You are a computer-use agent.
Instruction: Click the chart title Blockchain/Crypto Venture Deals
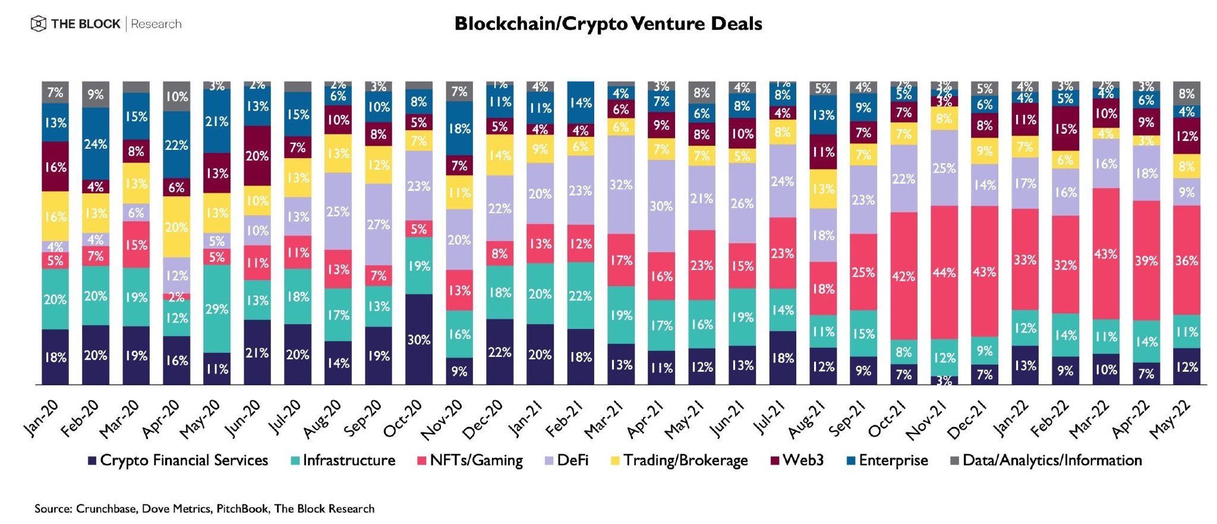click(x=608, y=24)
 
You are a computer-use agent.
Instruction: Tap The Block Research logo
click(x=106, y=24)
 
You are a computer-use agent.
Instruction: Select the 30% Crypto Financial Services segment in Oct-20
click(x=419, y=339)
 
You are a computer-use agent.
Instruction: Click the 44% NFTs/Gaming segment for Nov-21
click(x=944, y=272)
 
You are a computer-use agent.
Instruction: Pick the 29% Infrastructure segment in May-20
click(x=217, y=309)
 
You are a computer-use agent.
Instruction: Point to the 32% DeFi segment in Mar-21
click(x=621, y=185)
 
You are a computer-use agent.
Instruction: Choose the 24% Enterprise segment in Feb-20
click(x=96, y=143)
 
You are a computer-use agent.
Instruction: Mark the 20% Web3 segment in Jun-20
click(x=257, y=156)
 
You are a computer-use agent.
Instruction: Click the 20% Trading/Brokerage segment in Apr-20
click(x=176, y=227)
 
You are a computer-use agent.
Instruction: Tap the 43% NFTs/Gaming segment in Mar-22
click(x=1106, y=254)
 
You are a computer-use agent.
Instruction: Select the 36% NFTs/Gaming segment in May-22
click(x=1187, y=261)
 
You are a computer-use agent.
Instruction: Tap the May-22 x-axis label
click(x=1171, y=419)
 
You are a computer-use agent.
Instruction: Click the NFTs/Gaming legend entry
click(x=469, y=460)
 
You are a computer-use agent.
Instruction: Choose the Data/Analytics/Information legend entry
click(x=1046, y=460)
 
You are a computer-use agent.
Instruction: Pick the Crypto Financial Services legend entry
click(x=178, y=460)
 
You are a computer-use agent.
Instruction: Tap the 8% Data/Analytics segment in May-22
click(x=1187, y=93)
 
